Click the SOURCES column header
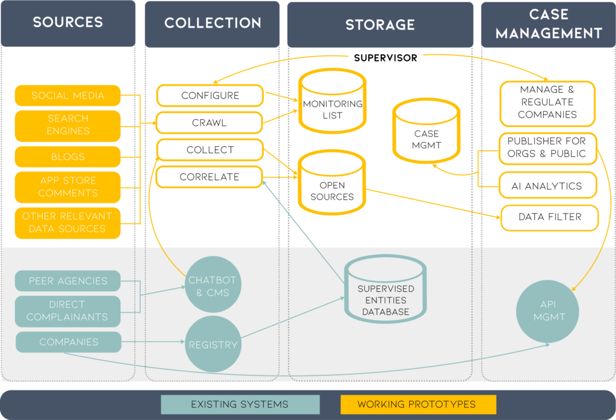pos(68,23)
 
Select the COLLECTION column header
pos(212,23)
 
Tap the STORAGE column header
pos(380,25)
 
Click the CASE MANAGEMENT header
pos(549,24)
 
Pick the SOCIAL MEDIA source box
pos(68,96)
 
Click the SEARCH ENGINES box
pos(68,125)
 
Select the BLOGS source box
pos(68,156)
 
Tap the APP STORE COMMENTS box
pos(68,187)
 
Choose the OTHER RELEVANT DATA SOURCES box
pos(68,223)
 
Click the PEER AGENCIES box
pos(68,281)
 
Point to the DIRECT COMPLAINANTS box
pos(68,310)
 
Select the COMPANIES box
pos(68,342)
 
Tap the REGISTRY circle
pos(213,345)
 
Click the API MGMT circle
pos(549,310)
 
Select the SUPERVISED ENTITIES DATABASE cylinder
pos(386,294)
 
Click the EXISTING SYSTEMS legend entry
pos(239,404)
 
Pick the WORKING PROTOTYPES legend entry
pos(417,404)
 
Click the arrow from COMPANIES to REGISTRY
pos(153,343)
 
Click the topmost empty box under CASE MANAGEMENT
pos(547,104)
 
